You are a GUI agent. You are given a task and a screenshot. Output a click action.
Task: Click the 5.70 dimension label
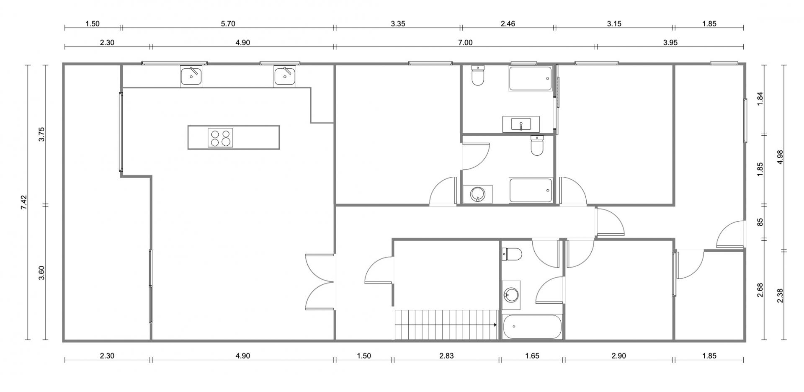pos(228,24)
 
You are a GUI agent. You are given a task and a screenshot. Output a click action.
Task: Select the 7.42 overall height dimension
pos(23,203)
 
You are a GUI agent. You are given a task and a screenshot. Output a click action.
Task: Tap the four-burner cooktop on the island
pos(220,137)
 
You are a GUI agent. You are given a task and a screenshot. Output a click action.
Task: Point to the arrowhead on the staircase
pos(495,325)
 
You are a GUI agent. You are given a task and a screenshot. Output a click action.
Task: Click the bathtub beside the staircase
pos(532,327)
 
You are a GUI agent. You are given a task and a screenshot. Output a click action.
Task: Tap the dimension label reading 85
pos(760,222)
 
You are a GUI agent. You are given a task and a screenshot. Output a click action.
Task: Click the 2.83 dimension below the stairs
pos(446,356)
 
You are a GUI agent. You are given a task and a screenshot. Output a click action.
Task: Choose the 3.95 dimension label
pos(670,42)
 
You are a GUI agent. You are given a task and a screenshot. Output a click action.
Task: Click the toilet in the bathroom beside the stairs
pos(512,254)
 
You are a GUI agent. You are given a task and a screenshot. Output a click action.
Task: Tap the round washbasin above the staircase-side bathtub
pos(511,295)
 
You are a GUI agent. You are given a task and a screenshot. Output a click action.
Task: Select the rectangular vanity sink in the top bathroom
pos(521,124)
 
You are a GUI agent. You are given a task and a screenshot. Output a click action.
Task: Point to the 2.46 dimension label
pos(508,24)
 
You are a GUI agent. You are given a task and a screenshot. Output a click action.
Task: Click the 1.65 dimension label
pos(532,356)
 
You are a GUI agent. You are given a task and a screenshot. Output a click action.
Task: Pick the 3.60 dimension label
pos(41,273)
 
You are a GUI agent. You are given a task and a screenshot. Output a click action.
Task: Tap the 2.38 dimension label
pos(780,296)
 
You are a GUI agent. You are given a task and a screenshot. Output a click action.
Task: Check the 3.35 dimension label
pos(398,24)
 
